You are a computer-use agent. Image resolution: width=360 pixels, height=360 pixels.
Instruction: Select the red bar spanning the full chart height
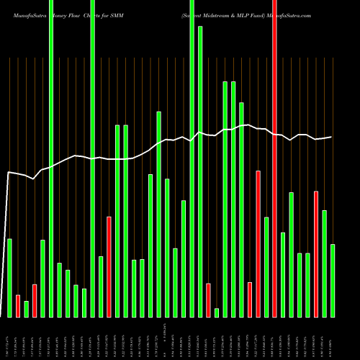click(274, 158)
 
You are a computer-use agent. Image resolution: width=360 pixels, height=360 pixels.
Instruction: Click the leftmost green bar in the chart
click(9, 277)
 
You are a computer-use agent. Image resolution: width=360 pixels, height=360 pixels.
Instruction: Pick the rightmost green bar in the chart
click(333, 281)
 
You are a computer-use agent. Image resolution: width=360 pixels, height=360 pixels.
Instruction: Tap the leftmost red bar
click(18, 306)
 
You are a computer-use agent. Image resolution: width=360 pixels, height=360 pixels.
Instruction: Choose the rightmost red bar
click(316, 253)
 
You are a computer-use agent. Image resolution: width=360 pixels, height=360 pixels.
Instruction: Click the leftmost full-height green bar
click(51, 158)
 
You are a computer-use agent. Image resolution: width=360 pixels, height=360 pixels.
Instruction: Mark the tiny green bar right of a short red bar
click(217, 312)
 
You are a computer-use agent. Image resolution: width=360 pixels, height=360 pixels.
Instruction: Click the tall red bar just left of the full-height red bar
click(258, 243)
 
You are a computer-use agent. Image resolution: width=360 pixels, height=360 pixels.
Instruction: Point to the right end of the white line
click(331, 137)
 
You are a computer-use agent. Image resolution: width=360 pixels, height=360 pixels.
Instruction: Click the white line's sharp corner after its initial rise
click(9, 173)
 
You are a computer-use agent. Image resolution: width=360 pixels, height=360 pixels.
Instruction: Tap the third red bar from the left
click(109, 266)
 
